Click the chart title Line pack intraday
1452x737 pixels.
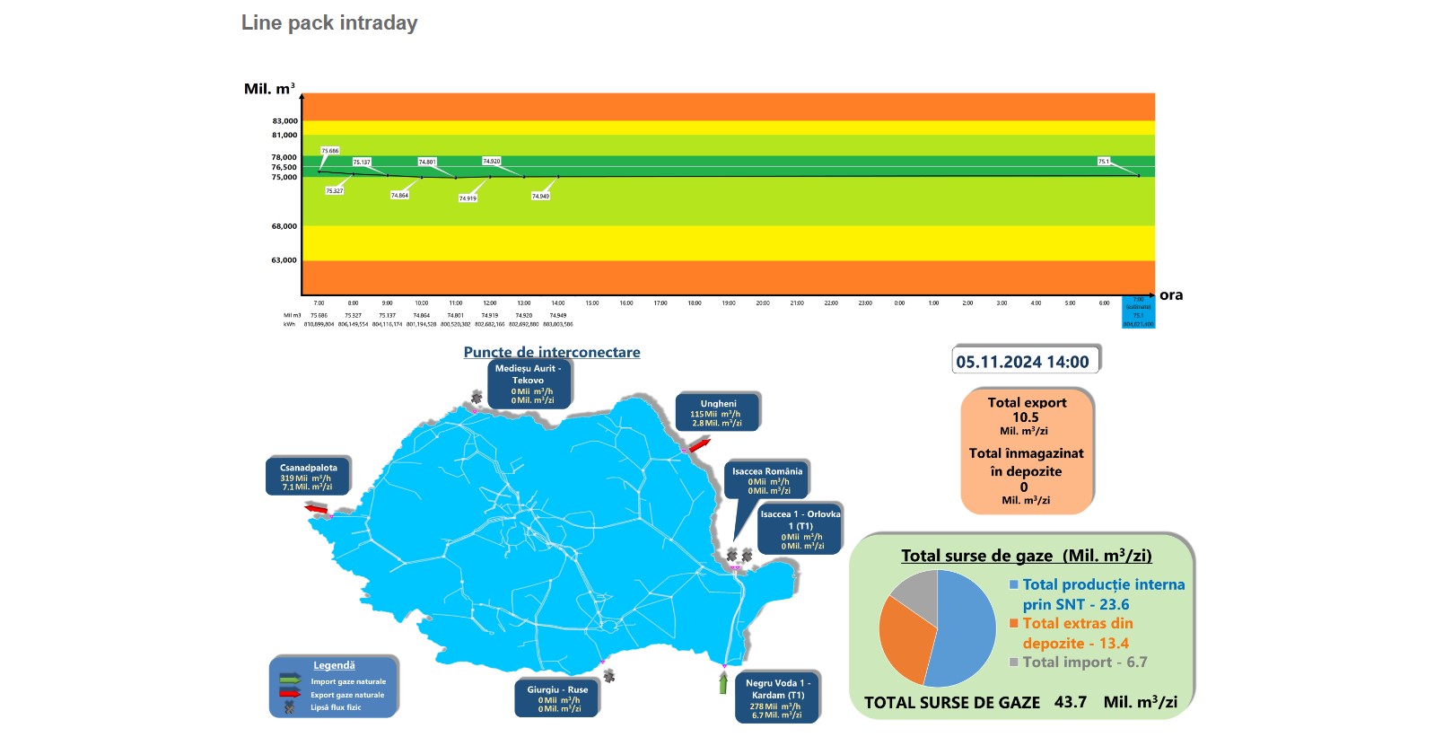(329, 23)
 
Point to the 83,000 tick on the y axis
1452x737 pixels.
(284, 121)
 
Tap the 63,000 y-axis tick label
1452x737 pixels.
(284, 260)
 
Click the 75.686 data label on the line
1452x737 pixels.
(330, 151)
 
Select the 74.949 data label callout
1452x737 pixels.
(540, 196)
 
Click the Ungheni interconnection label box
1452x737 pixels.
(717, 413)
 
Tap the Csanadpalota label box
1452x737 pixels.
(307, 477)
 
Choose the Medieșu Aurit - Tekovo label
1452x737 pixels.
(528, 384)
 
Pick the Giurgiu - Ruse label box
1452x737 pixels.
(557, 699)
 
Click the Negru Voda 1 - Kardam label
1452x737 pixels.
(777, 698)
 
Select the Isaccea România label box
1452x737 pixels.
(767, 480)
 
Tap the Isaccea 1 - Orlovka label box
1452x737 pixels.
(800, 530)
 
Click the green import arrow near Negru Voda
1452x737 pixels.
(723, 684)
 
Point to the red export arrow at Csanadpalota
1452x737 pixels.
(316, 510)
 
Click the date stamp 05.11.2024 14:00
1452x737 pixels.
(1022, 362)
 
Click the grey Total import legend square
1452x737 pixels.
(1014, 662)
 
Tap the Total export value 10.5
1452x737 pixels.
(1026, 417)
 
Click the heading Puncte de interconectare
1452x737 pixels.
(552, 352)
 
